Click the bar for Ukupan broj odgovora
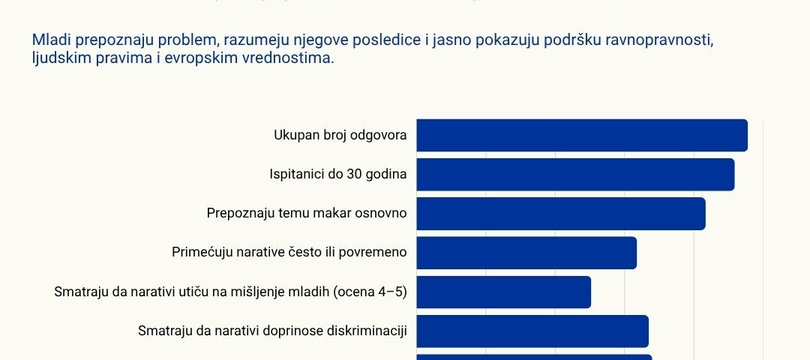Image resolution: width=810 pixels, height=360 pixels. (582, 136)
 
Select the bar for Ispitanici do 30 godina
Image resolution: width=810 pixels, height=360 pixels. (575, 175)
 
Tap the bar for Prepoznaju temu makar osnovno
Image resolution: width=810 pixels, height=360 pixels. (561, 214)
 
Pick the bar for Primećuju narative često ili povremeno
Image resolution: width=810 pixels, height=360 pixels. (526, 253)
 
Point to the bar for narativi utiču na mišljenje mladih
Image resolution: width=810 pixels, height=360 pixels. (503, 292)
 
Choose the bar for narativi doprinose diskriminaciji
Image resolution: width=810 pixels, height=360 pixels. (532, 331)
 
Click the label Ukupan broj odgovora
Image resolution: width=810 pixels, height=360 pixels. (340, 136)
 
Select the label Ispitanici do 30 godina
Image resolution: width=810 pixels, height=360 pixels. (337, 175)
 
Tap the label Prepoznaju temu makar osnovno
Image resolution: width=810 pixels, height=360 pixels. (307, 214)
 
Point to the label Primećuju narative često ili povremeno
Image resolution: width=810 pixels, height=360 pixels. (289, 253)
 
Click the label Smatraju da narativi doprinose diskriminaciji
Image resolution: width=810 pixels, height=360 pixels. (272, 331)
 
